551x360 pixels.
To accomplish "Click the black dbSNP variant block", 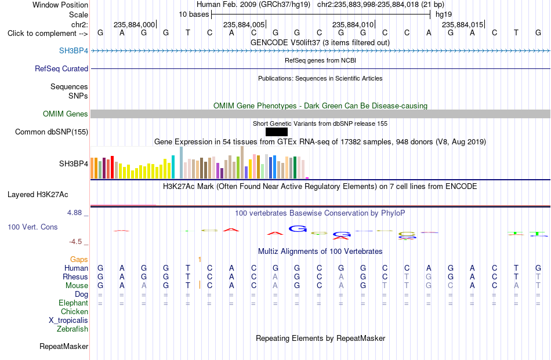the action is (x=277, y=132).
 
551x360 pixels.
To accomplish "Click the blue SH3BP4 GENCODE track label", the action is (x=74, y=50).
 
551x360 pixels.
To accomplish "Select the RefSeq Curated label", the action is (x=61, y=68).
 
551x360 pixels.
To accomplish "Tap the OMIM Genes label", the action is (x=66, y=114).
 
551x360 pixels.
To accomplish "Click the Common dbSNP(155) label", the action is (x=52, y=132).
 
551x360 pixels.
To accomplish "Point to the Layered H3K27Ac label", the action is (x=38, y=195).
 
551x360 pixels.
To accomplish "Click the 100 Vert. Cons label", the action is (x=32, y=227).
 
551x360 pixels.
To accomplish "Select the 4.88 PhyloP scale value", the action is (x=74, y=213).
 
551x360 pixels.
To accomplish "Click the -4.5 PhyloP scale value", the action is (x=75, y=241).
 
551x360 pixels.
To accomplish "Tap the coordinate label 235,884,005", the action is (x=244, y=24).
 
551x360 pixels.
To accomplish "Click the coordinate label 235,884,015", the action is (x=462, y=24).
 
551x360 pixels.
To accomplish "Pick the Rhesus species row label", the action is (x=75, y=277).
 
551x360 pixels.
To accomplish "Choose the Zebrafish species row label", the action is (x=72, y=329).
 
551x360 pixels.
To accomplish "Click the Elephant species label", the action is (x=74, y=303).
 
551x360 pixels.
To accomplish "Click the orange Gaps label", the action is (x=79, y=259).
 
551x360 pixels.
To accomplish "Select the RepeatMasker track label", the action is (x=64, y=346).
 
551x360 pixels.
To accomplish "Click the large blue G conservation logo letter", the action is (x=298, y=228).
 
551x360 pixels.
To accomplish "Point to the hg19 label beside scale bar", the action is (x=444, y=14).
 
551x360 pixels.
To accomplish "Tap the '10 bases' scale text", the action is (x=194, y=14).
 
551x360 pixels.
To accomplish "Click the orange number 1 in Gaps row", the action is (x=200, y=260).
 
